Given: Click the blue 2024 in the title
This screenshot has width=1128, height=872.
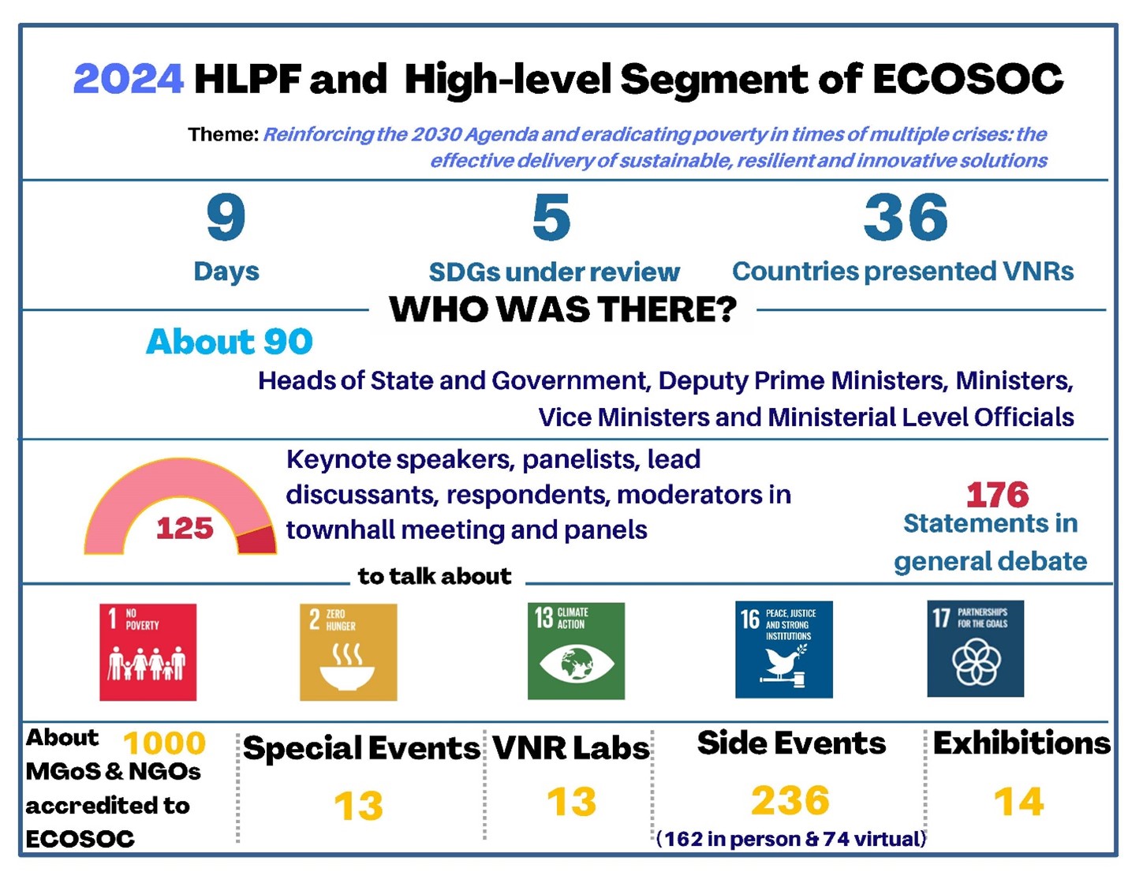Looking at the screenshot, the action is pos(129,79).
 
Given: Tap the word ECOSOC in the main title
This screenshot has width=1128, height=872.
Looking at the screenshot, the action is pos(968,79).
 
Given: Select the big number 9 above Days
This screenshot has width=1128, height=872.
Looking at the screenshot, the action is pos(226,216).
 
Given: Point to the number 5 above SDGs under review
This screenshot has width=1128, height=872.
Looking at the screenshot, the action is pos(551,216).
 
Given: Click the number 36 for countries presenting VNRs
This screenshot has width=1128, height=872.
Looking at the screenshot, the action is pos(906,216).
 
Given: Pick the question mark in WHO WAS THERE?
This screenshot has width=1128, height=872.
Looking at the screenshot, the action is pos(725,309).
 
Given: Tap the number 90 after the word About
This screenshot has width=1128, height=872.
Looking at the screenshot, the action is pos(288,342).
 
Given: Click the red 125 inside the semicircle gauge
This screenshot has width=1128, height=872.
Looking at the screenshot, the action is pos(185,528).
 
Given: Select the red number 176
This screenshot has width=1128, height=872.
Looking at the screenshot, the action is pos(997,495).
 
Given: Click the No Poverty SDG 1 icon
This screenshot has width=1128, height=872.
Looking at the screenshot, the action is pos(148,652).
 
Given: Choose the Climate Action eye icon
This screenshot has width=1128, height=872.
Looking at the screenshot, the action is pos(576,664).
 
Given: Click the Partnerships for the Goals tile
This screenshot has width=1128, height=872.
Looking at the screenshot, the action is pos(976,649).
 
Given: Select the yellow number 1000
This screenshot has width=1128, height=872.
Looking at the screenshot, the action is pos(165,743).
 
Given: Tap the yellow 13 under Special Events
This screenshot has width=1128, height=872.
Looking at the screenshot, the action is pos(358,806).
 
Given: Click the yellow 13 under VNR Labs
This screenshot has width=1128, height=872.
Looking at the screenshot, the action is pos(572,802).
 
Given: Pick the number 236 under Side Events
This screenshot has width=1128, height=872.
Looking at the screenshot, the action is pos(790,801).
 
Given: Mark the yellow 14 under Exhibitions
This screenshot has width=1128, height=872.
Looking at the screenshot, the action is pos(1018,802).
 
